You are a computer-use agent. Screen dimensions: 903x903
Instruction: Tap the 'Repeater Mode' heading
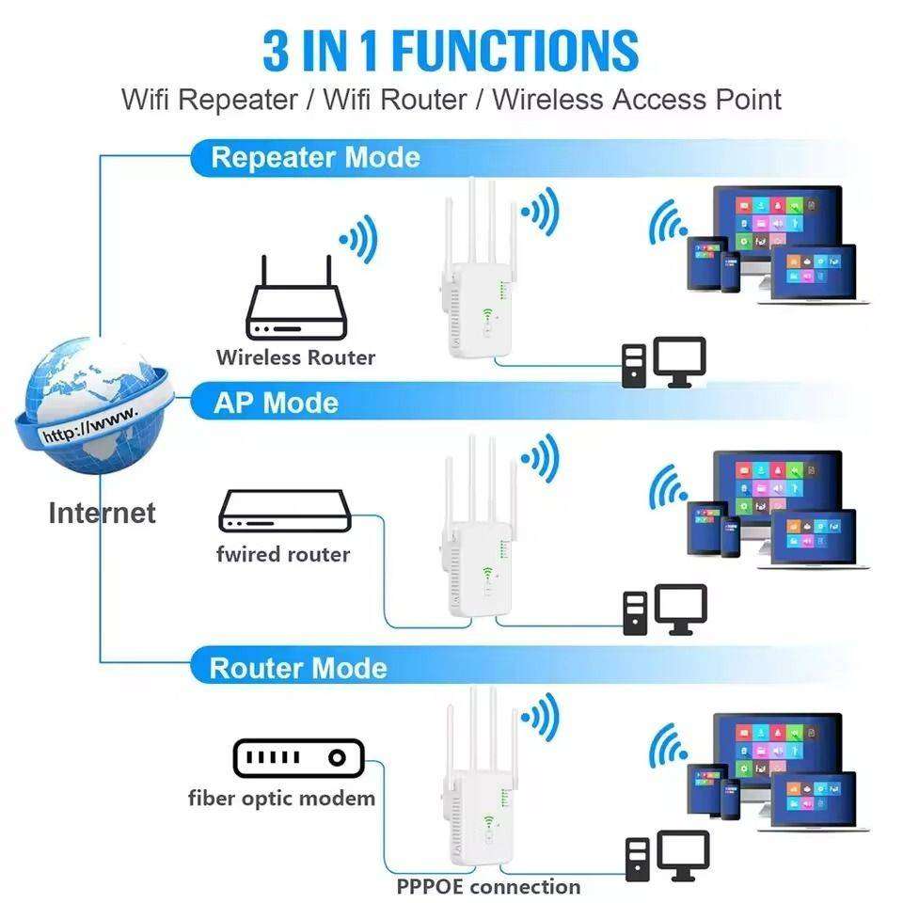pos(315,157)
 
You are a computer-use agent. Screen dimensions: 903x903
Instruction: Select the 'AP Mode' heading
pos(276,403)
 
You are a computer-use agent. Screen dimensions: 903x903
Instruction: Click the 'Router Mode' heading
pos(297,668)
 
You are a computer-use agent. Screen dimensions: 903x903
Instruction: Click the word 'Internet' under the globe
pos(102,513)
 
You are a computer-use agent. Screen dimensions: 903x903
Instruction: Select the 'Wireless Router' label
pos(295,357)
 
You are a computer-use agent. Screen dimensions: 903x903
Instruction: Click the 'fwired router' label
pos(282,554)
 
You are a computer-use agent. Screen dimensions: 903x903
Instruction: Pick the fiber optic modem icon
pos(297,757)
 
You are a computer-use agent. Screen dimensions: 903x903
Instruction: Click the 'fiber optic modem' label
pos(281,799)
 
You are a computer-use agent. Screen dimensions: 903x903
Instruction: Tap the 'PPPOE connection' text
pos(488,886)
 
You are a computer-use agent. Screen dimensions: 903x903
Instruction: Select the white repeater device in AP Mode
pos(475,546)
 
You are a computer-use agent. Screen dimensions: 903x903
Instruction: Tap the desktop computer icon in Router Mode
pos(667,856)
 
